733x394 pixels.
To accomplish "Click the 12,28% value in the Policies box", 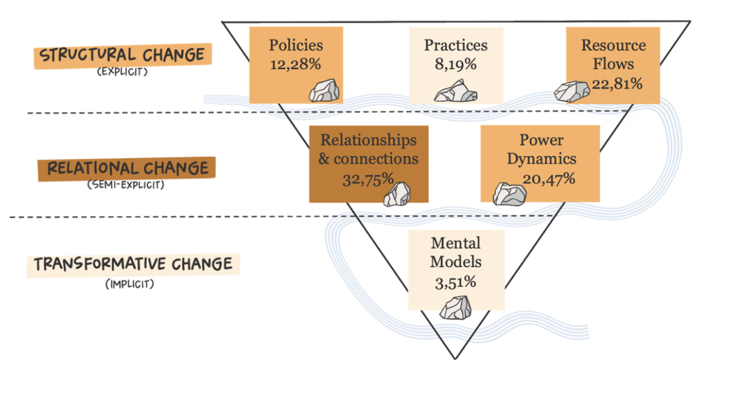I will pos(296,64).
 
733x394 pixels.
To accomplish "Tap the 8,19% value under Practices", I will pos(456,64).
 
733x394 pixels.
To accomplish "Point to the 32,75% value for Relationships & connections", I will pos(368,178).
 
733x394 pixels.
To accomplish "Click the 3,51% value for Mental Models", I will pos(456,281).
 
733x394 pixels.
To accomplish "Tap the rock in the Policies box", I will pos(324,90).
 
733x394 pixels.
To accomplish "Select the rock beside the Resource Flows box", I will pos(571,91).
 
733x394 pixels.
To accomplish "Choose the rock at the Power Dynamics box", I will pos(509,194).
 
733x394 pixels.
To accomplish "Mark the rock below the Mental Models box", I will pos(456,307).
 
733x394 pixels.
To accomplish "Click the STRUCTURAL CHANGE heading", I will pos(123,56).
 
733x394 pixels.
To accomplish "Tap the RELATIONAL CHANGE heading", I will pos(128,169).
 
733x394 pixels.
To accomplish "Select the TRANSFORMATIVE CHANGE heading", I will pos(133,265).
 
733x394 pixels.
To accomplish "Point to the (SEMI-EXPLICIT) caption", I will pos(126,185).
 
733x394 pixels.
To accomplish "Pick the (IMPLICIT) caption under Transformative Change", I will pos(129,283).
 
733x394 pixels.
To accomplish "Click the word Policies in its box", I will pos(296,45).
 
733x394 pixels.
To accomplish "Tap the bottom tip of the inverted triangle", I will pos(455,358).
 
